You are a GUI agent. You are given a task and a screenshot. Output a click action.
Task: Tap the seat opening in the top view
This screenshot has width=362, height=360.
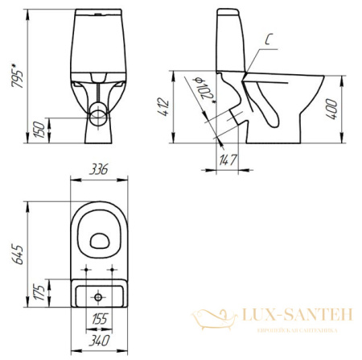(x=100, y=238)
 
